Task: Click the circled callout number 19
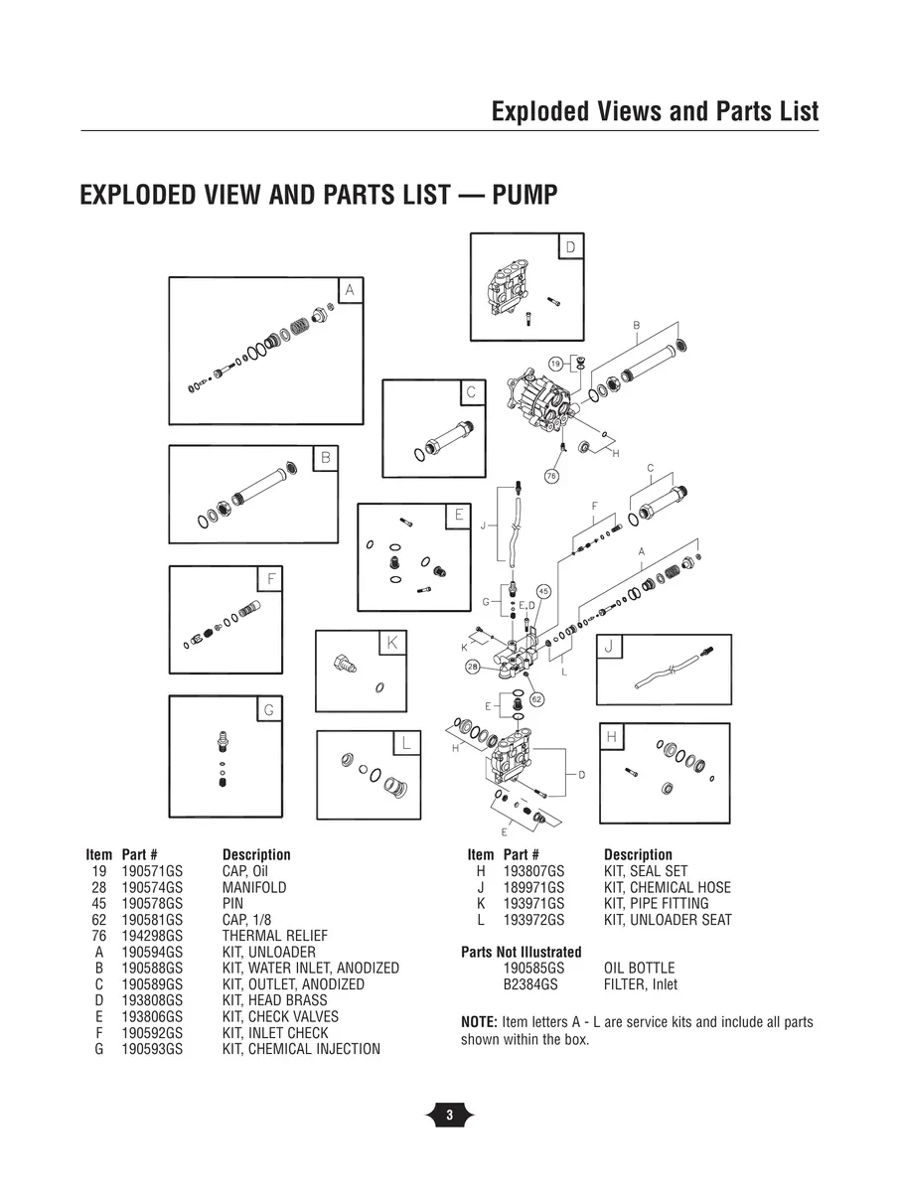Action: (x=556, y=364)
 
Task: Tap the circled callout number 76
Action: (x=552, y=477)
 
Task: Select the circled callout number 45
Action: (x=543, y=591)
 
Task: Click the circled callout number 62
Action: (x=536, y=699)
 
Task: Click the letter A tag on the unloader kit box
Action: (x=349, y=289)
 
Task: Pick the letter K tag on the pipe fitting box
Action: (x=391, y=643)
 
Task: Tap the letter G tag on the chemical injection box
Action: (x=267, y=709)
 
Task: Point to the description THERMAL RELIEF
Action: (x=274, y=936)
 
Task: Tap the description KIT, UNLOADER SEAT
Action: (x=668, y=920)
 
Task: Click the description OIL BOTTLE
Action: (x=639, y=969)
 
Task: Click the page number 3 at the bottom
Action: (x=449, y=1116)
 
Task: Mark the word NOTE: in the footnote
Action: (x=480, y=1022)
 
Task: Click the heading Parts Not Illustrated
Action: (x=522, y=952)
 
